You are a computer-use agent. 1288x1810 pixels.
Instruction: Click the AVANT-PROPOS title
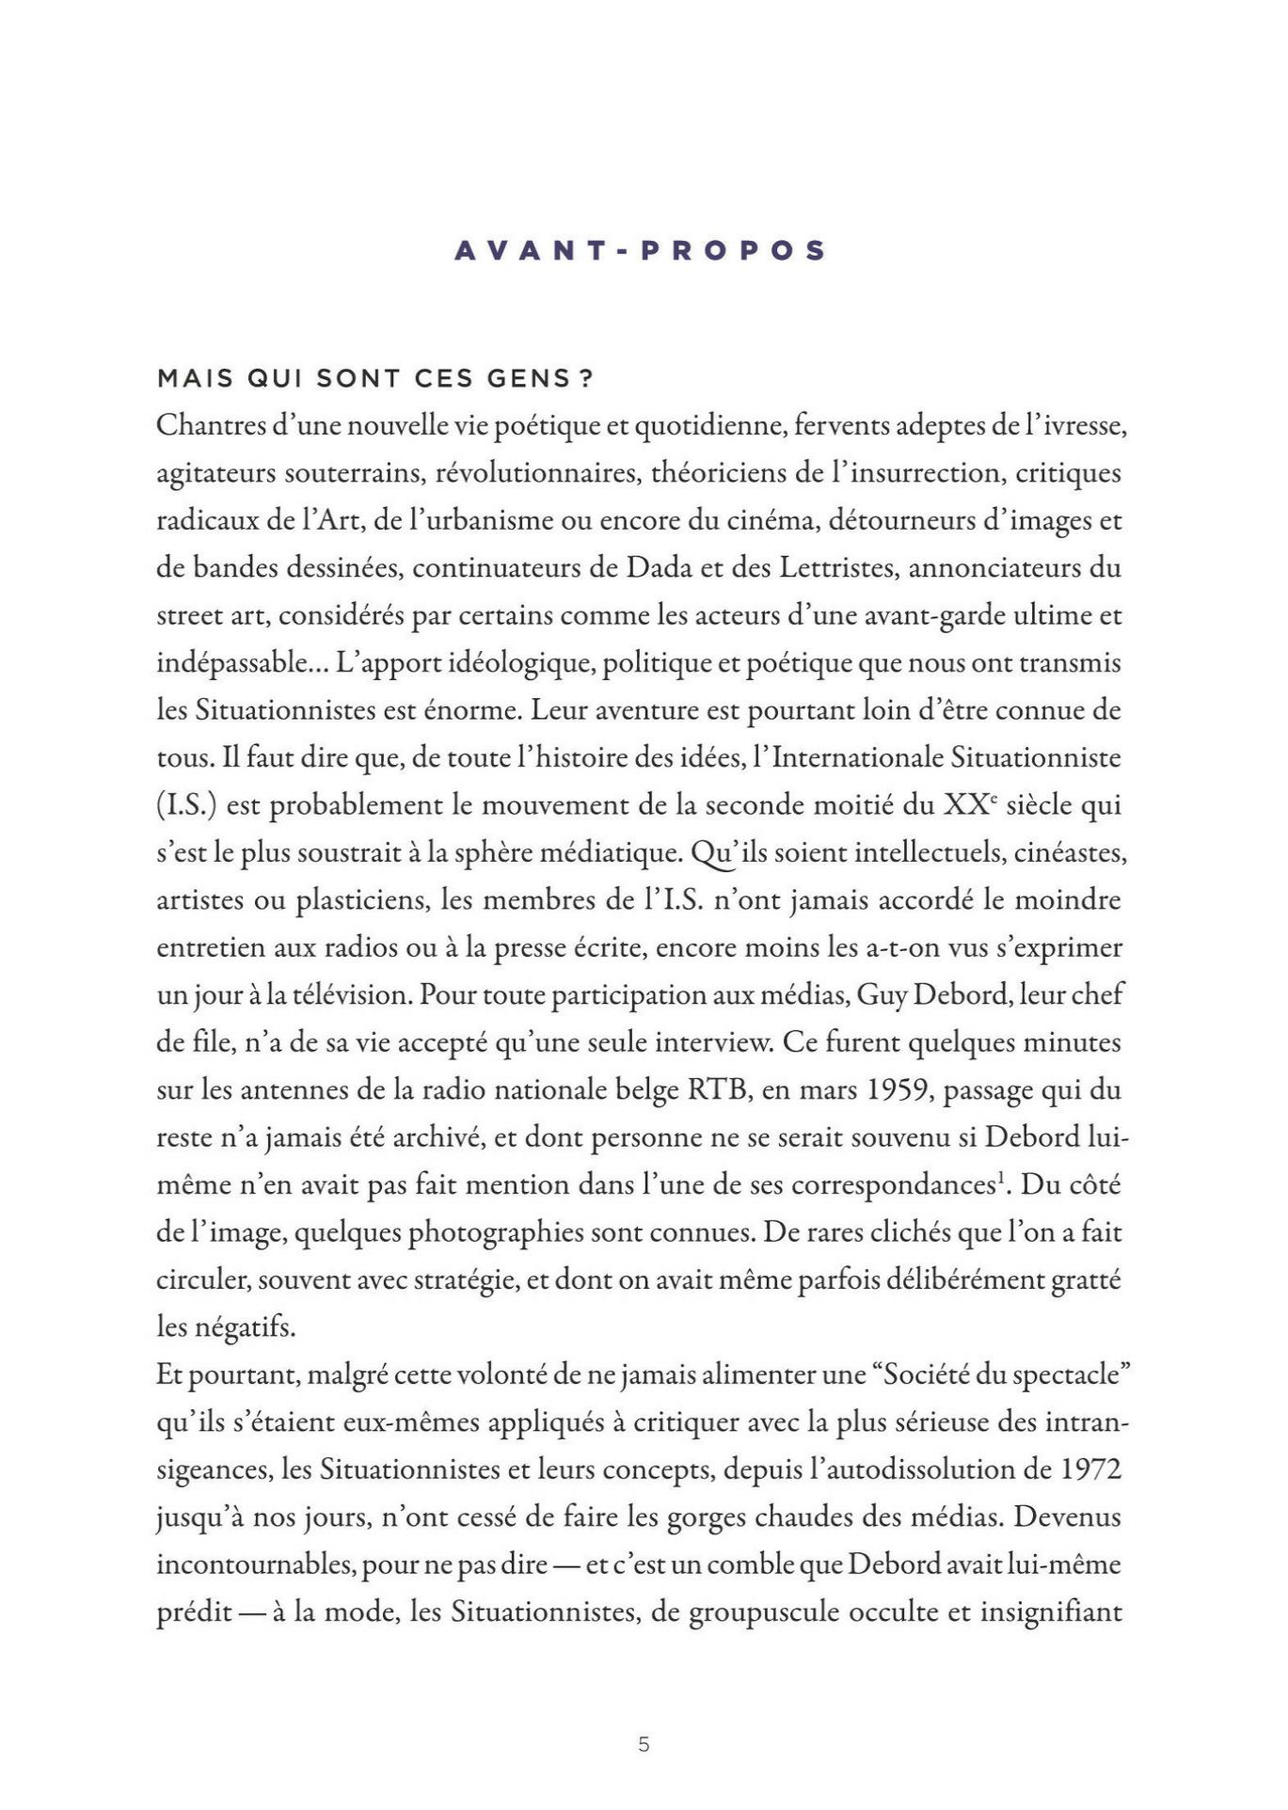coord(641,250)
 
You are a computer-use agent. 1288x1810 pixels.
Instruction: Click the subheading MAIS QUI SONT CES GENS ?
coord(375,378)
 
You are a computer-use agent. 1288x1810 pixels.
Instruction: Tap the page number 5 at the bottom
coord(644,1744)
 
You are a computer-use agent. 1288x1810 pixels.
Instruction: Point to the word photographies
coord(491,1232)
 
